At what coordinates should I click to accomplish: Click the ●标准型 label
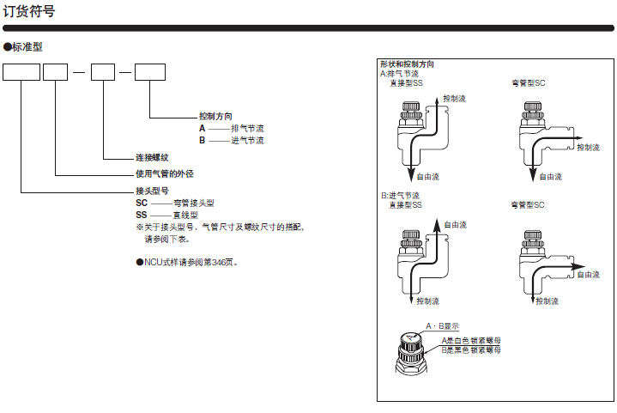point(23,46)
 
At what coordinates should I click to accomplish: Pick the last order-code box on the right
point(151,72)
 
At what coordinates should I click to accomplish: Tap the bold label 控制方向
point(215,115)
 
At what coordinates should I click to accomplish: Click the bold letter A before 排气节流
point(202,127)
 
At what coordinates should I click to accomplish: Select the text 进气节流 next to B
point(248,140)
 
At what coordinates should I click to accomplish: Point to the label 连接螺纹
point(152,158)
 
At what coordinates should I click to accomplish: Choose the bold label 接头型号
point(152,190)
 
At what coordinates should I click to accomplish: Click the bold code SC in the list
point(142,203)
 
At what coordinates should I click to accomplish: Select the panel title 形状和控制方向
point(407,64)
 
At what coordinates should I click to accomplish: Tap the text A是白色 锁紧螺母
point(471,341)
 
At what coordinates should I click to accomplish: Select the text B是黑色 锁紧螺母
point(471,349)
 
